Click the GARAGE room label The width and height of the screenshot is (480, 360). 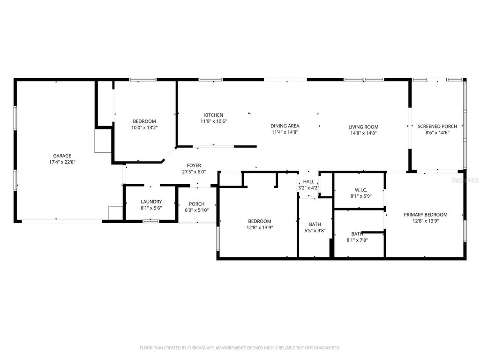point(62,156)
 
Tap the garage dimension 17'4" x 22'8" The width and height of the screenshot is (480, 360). point(62,162)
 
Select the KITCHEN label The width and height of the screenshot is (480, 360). point(213,115)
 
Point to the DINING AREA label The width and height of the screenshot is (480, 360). point(285,126)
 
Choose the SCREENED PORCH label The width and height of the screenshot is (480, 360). point(437,126)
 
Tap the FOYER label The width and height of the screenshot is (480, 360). point(194,165)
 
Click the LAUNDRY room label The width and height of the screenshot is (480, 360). point(151,202)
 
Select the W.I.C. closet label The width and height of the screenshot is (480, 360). point(361,190)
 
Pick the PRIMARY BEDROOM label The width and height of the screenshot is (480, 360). point(425,215)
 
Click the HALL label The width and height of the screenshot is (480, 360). point(308,181)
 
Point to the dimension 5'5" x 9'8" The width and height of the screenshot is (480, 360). point(315,231)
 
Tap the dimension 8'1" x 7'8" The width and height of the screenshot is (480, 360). point(357,240)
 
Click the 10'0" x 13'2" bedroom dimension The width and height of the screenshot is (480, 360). point(144,127)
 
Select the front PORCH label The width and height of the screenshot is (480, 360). point(196,204)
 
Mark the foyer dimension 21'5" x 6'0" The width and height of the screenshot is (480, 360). point(194,172)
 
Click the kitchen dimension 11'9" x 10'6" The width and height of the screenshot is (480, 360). point(213,121)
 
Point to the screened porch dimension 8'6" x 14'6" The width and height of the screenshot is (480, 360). point(437,133)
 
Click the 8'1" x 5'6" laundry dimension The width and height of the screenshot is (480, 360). point(151,208)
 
